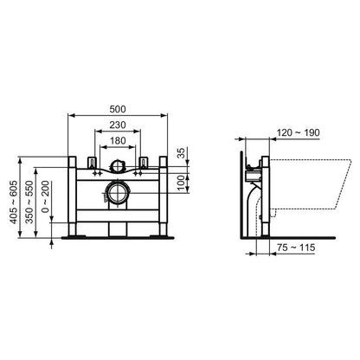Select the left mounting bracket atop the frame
[x=92, y=163]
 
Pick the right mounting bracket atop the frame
[x=142, y=163]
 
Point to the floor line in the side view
[x=260, y=235]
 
